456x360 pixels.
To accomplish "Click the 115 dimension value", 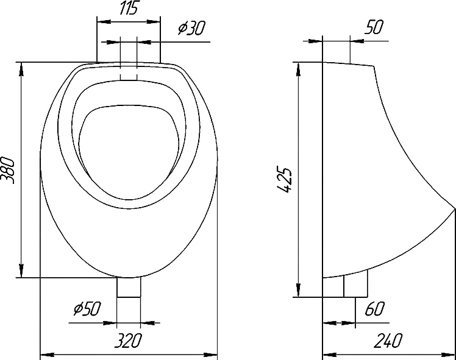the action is click(128, 8).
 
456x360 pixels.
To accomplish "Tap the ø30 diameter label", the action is click(192, 28).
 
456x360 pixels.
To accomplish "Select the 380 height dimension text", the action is click(8, 171).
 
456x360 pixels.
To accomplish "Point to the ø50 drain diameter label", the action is click(87, 308).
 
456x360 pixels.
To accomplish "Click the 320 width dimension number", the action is click(128, 341).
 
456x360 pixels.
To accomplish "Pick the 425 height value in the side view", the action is click(284, 180).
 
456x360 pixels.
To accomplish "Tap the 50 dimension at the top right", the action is click(374, 27).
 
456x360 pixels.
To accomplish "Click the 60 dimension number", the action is click(374, 309).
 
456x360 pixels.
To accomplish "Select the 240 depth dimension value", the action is click(388, 341).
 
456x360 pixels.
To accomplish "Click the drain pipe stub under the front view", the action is click(129, 287).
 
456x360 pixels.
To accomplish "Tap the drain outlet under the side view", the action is click(355, 285).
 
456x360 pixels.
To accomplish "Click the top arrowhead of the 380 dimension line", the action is click(21, 69).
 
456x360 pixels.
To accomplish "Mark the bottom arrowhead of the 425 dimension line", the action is click(298, 290).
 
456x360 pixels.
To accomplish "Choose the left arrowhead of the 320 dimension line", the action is click(47, 355).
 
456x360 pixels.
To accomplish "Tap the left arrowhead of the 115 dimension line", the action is click(104, 21).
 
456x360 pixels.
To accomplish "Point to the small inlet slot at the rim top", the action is click(129, 71).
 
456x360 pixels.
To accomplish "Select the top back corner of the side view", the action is click(322, 62).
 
